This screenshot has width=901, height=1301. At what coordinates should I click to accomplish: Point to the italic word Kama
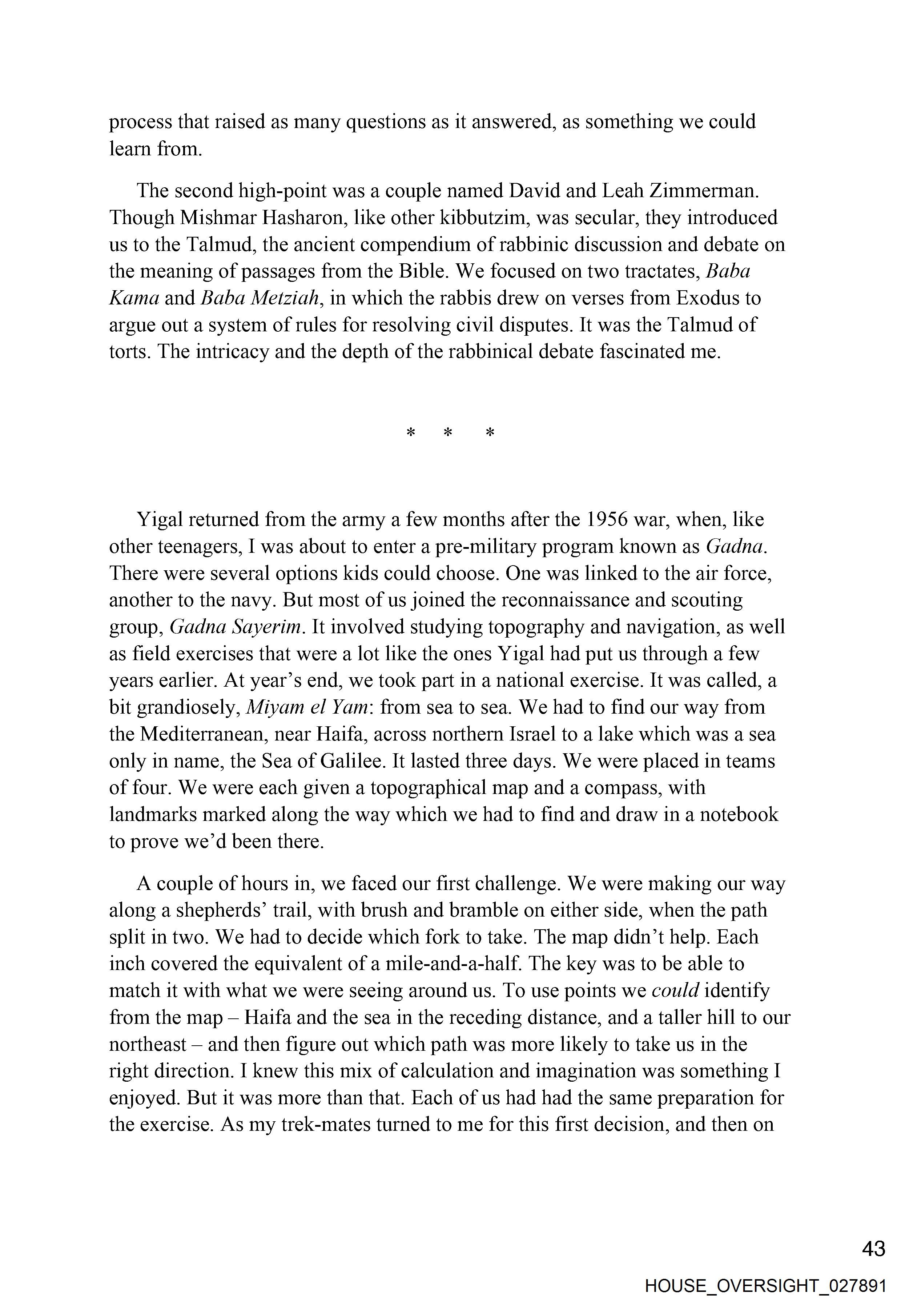134,298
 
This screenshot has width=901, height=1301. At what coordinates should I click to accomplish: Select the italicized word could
675,990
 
